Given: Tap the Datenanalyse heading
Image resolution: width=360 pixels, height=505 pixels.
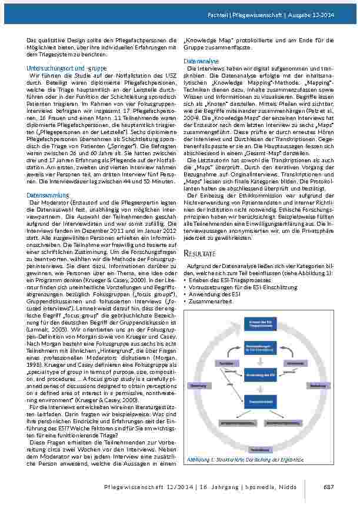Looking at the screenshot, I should coord(201,61).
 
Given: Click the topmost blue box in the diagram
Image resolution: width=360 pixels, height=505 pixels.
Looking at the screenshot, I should coord(259,324).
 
